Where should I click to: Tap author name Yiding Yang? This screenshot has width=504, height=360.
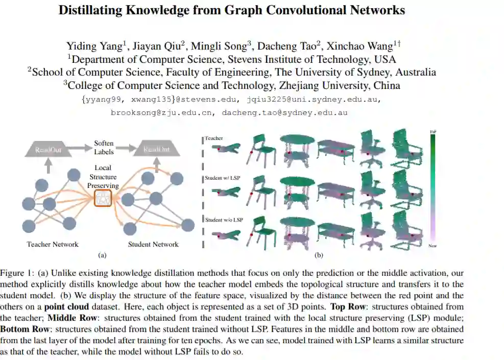tap(94, 45)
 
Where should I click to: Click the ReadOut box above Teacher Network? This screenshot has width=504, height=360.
tap(49, 150)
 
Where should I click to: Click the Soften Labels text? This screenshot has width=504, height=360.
tap(104, 148)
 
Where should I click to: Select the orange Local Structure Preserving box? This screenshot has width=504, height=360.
tap(103, 198)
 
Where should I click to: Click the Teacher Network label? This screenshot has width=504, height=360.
tap(53, 244)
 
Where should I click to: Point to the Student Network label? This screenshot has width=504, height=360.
tap(153, 244)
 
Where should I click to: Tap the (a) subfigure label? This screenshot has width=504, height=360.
tap(102, 254)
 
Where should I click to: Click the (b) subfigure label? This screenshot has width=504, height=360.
tap(319, 254)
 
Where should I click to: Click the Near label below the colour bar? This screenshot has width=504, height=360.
tap(432, 246)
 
